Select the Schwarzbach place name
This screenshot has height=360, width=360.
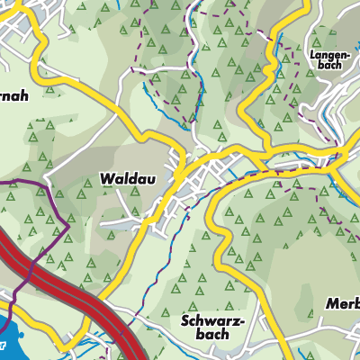204,326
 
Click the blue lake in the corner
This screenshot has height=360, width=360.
7,337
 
